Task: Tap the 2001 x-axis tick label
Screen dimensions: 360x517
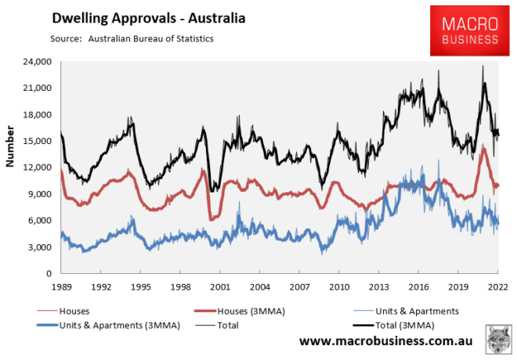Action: click(x=219, y=287)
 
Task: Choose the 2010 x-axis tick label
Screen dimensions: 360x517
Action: click(x=339, y=287)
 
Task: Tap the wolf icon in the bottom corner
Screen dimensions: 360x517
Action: click(x=496, y=337)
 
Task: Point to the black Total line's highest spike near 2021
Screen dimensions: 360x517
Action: click(x=483, y=66)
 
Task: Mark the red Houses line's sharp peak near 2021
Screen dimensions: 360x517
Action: click(x=484, y=147)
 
